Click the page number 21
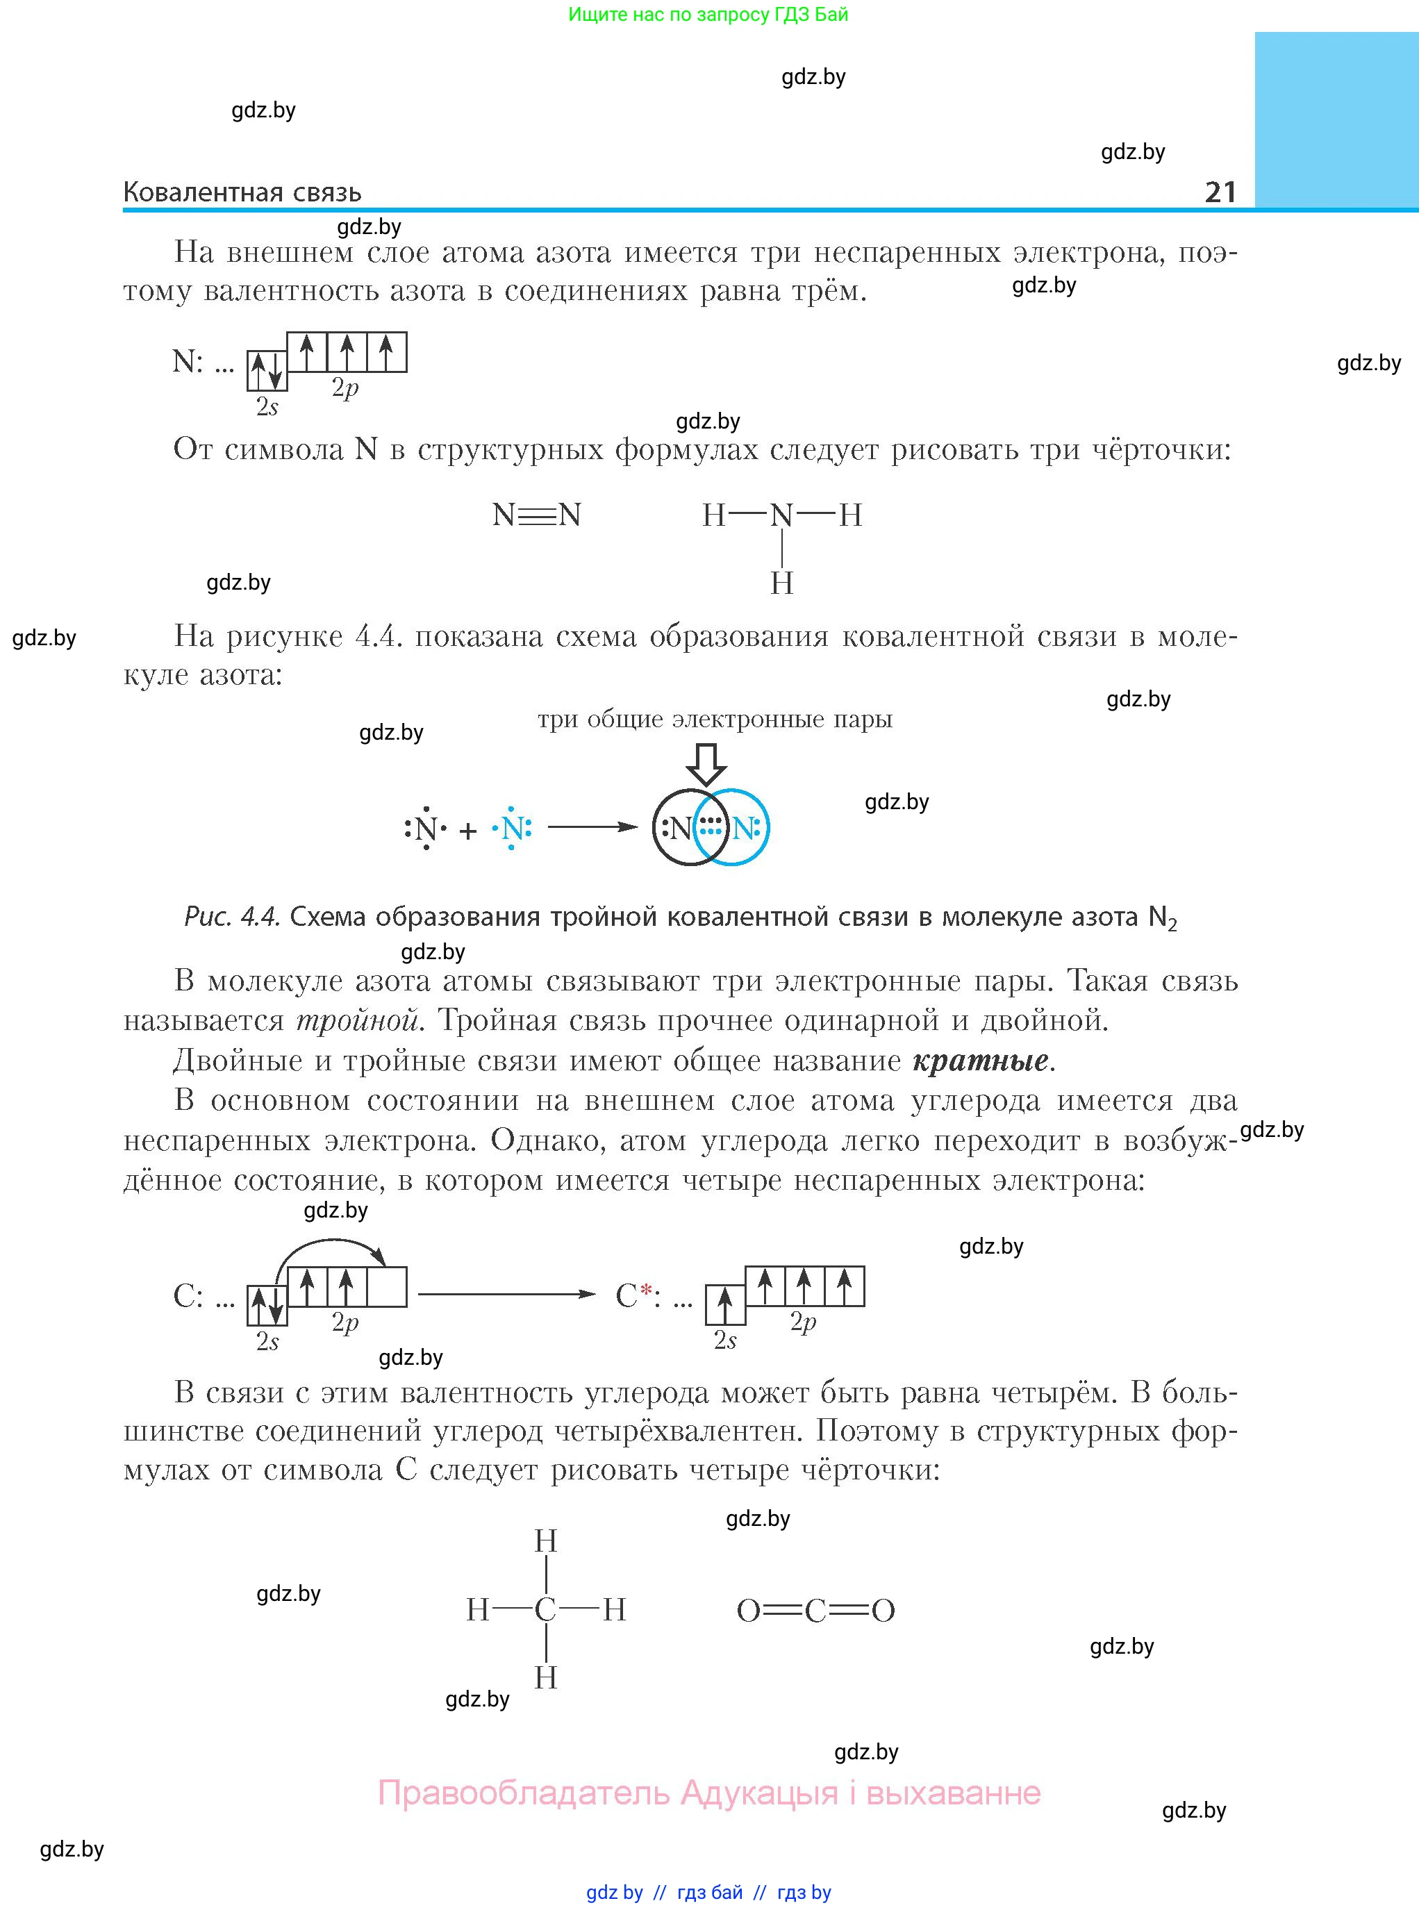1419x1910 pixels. click(1220, 192)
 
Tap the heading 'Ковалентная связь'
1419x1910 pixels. click(242, 192)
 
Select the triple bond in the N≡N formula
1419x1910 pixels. click(537, 515)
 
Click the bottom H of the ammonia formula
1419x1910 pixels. click(781, 583)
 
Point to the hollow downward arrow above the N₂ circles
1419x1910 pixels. click(707, 763)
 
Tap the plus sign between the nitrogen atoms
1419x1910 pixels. click(468, 831)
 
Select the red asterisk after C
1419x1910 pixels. click(647, 1289)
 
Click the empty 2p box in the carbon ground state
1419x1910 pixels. click(387, 1286)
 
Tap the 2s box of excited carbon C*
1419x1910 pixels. click(725, 1305)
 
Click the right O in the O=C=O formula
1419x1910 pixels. click(883, 1610)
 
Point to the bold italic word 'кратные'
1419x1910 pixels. click(980, 1061)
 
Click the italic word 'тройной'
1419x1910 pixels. click(357, 1020)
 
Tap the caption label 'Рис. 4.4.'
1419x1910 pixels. click(232, 917)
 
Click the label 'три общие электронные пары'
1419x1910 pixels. click(715, 719)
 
